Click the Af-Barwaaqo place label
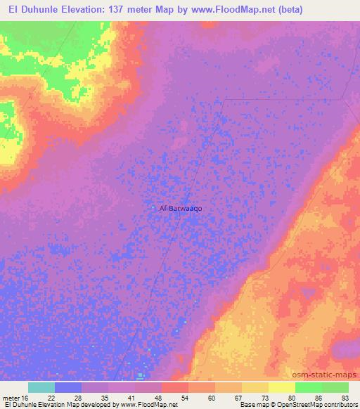[x=181, y=208]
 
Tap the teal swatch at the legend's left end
[x=41, y=387]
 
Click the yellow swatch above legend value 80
[x=281, y=387]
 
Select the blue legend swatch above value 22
[x=68, y=387]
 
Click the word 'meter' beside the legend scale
[x=11, y=397]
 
